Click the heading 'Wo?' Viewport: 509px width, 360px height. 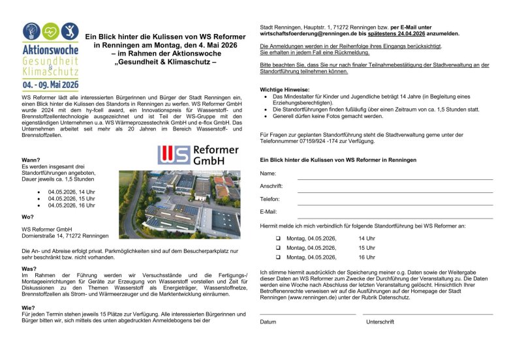(27, 217)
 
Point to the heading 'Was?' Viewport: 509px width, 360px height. (29, 269)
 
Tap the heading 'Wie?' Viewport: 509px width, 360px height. (28, 307)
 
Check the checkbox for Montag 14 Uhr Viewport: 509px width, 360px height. (277, 239)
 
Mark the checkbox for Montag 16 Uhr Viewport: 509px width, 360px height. (277, 258)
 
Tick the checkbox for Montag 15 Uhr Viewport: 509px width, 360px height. (277, 248)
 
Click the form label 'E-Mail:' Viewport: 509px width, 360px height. (269, 212)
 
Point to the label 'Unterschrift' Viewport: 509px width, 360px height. (380, 322)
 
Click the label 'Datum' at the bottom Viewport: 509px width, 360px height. (268, 322)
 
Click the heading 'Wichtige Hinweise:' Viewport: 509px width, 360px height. (285, 89)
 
